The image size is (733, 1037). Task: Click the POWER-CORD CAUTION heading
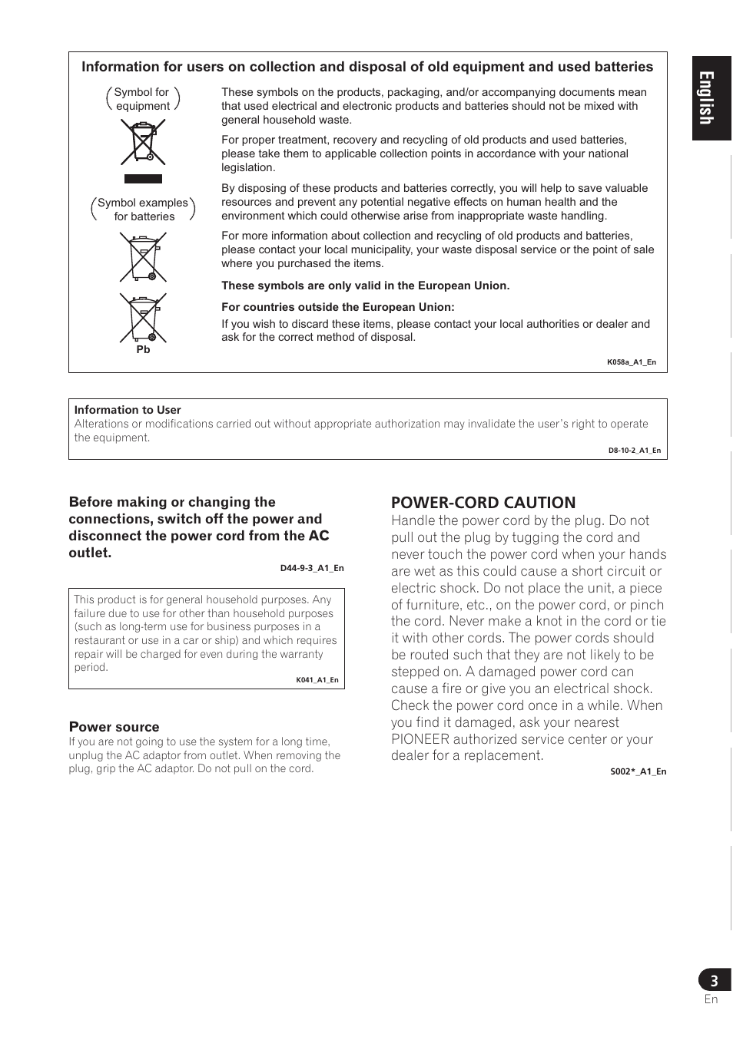point(483,503)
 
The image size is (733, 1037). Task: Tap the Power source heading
point(114,727)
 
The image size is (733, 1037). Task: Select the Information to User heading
point(128,410)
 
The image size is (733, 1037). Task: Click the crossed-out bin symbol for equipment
point(143,143)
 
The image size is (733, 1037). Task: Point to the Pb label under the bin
point(143,350)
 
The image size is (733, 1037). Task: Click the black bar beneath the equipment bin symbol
point(143,179)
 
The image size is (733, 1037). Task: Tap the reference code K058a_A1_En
point(631,362)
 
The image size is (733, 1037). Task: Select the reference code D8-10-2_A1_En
point(634,451)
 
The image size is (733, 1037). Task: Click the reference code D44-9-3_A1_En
point(311,569)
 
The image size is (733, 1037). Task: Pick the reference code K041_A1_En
point(317,680)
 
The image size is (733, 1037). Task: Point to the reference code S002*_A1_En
point(638,771)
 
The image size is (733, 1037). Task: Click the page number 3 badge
point(715,980)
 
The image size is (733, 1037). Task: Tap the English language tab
point(711,98)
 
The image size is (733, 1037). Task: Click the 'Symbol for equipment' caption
point(142,99)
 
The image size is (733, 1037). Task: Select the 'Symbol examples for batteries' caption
point(143,210)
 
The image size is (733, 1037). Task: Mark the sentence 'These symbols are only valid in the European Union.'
point(365,286)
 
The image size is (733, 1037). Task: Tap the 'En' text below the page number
point(711,999)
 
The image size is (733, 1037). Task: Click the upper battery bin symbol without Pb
point(143,257)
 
